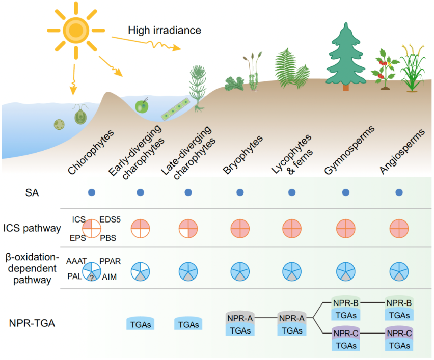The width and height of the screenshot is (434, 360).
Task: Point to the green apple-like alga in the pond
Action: coord(142,106)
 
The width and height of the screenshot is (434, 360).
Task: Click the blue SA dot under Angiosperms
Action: coord(399,192)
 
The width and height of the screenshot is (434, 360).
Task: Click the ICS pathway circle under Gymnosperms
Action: coord(345,228)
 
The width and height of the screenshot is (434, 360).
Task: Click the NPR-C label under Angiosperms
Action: coord(398,334)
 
